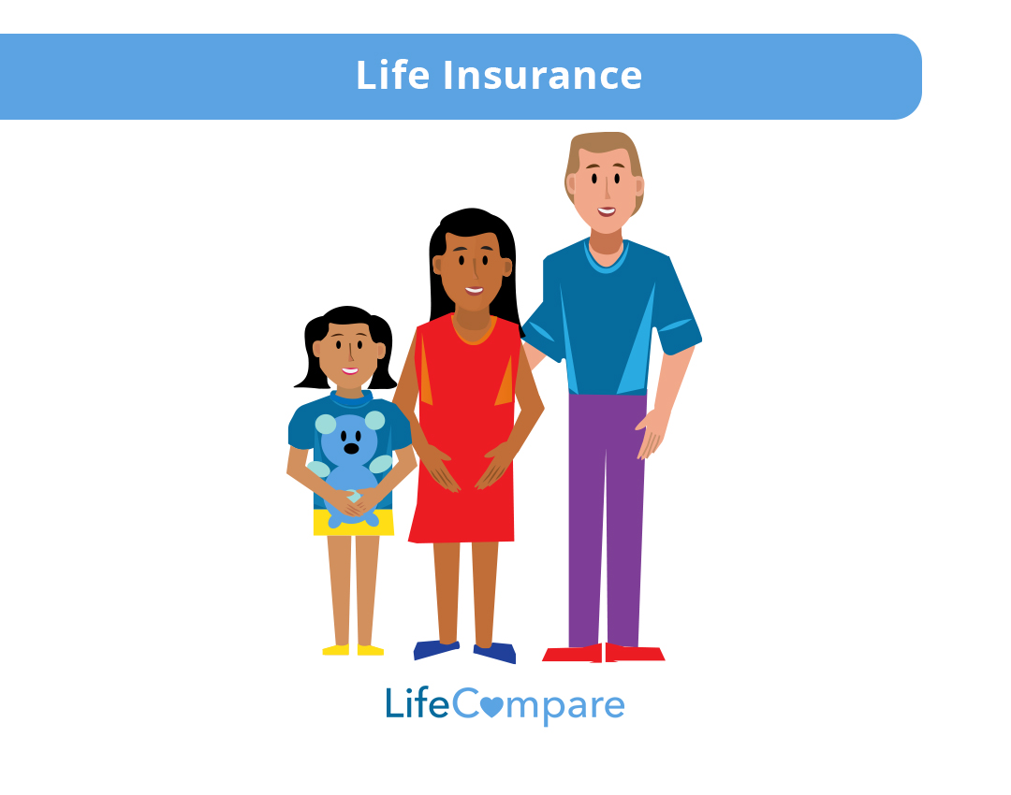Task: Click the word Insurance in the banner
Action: (x=542, y=76)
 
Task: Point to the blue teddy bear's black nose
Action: (x=351, y=448)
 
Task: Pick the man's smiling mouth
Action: (x=607, y=211)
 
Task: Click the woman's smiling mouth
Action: (x=475, y=290)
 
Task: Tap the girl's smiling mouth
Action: (x=349, y=370)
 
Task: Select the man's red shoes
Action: (x=604, y=653)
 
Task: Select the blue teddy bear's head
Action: (x=350, y=436)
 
